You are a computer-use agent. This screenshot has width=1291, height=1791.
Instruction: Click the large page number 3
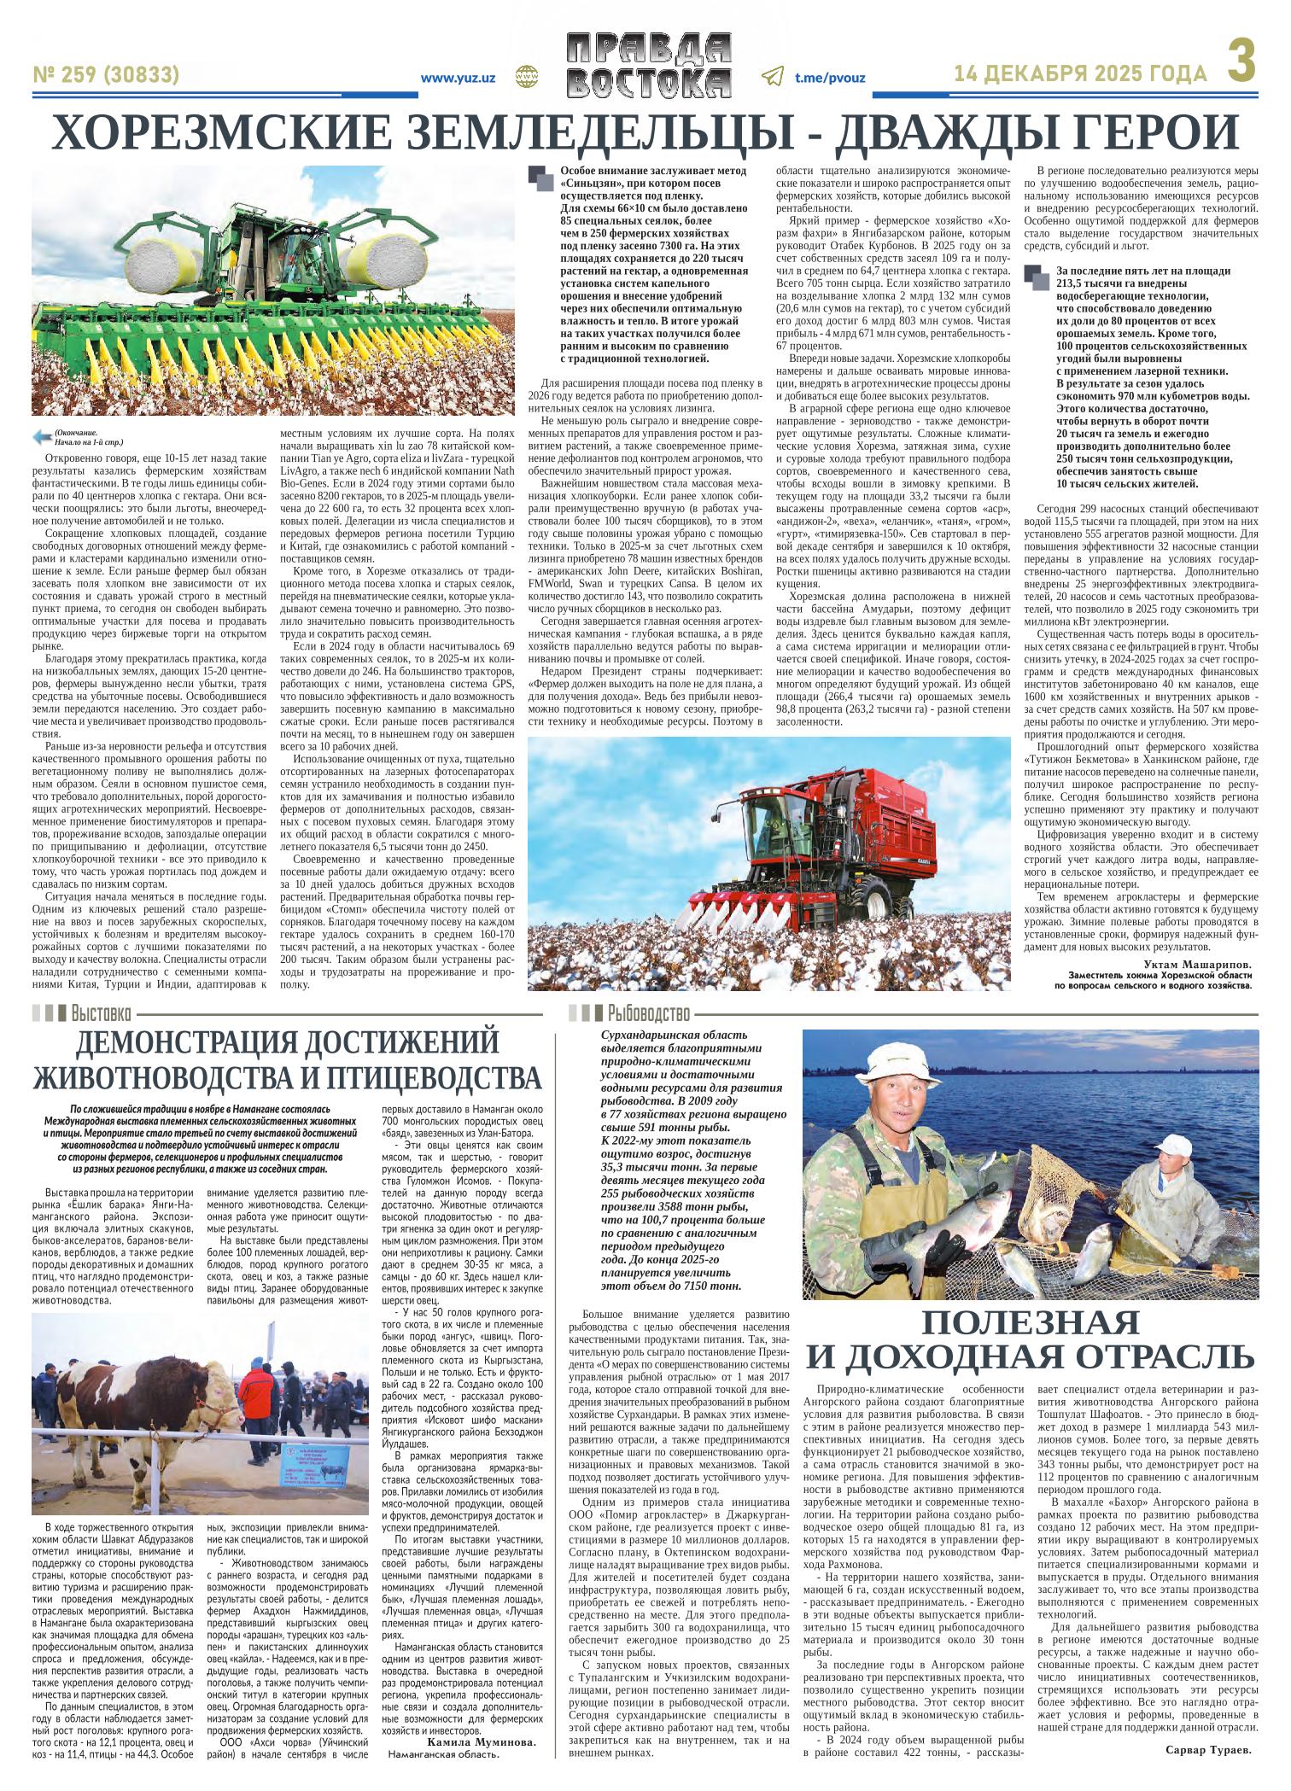click(x=1244, y=65)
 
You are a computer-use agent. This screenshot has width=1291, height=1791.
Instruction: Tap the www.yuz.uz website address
click(x=459, y=78)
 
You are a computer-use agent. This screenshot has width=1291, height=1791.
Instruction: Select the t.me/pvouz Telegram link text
click(x=830, y=78)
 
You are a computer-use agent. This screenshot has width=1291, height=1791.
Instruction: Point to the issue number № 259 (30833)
click(x=107, y=76)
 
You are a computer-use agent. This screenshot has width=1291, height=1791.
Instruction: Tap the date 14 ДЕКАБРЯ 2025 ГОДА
click(x=1081, y=75)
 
